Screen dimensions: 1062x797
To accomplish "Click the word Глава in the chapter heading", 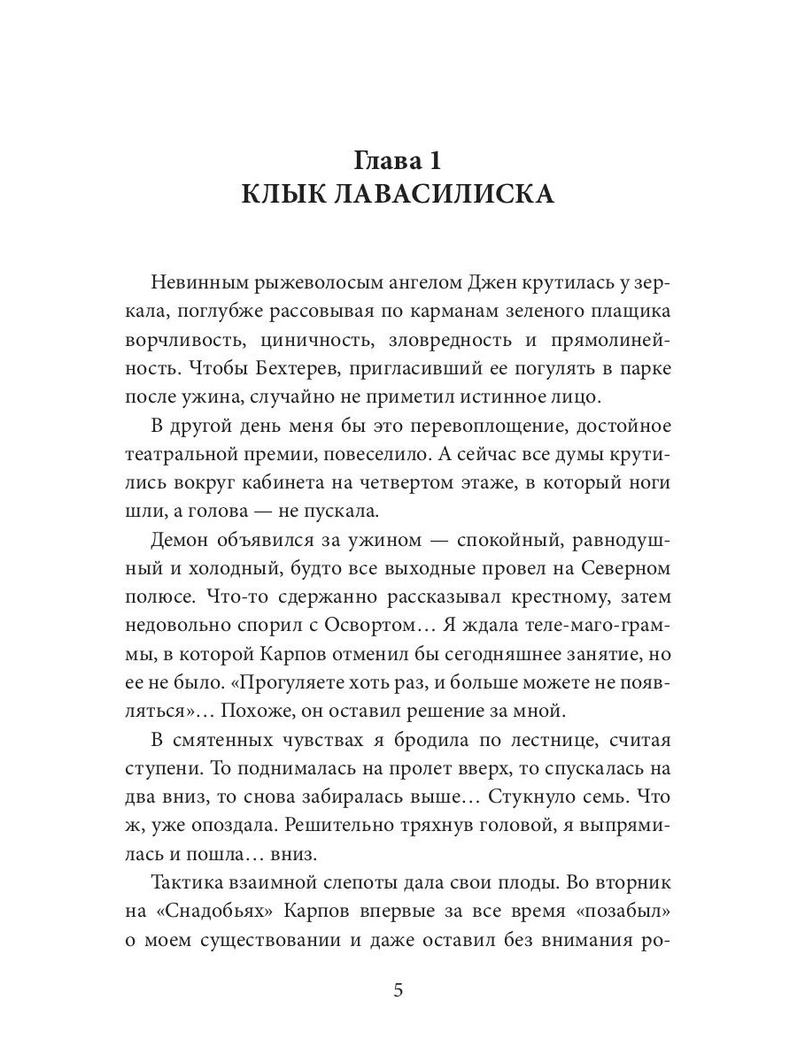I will tap(383, 161).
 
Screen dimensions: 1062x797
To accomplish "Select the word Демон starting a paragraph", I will tap(185, 539).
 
